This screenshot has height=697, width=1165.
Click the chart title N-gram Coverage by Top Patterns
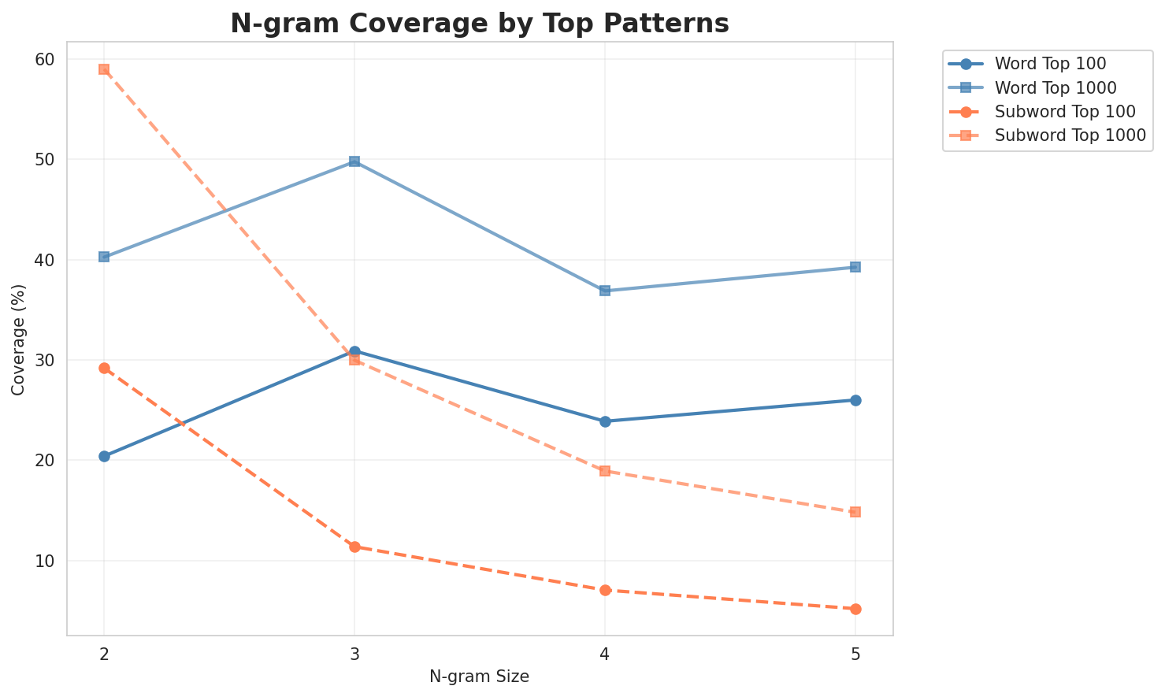[x=479, y=24]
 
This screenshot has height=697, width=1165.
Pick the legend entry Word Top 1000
[x=1056, y=87]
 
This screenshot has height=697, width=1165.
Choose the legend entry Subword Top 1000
[x=1070, y=135]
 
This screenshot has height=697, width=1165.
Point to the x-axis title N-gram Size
[x=479, y=677]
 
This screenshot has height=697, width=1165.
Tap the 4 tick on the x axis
[x=605, y=655]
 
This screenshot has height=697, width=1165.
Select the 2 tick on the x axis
[x=104, y=655]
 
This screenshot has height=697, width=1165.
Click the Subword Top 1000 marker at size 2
[x=104, y=69]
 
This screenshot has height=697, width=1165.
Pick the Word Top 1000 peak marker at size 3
[x=354, y=161]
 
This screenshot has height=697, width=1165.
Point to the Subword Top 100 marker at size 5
[x=855, y=609]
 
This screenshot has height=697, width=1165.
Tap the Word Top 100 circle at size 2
[x=104, y=456]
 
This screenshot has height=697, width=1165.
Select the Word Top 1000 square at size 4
[x=605, y=291]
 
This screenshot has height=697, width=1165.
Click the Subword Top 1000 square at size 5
[x=855, y=512]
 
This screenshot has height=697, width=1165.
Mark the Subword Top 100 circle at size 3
[x=354, y=547]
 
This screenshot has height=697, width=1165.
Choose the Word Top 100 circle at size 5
[x=855, y=400]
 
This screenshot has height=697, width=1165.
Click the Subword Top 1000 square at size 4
[x=605, y=471]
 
